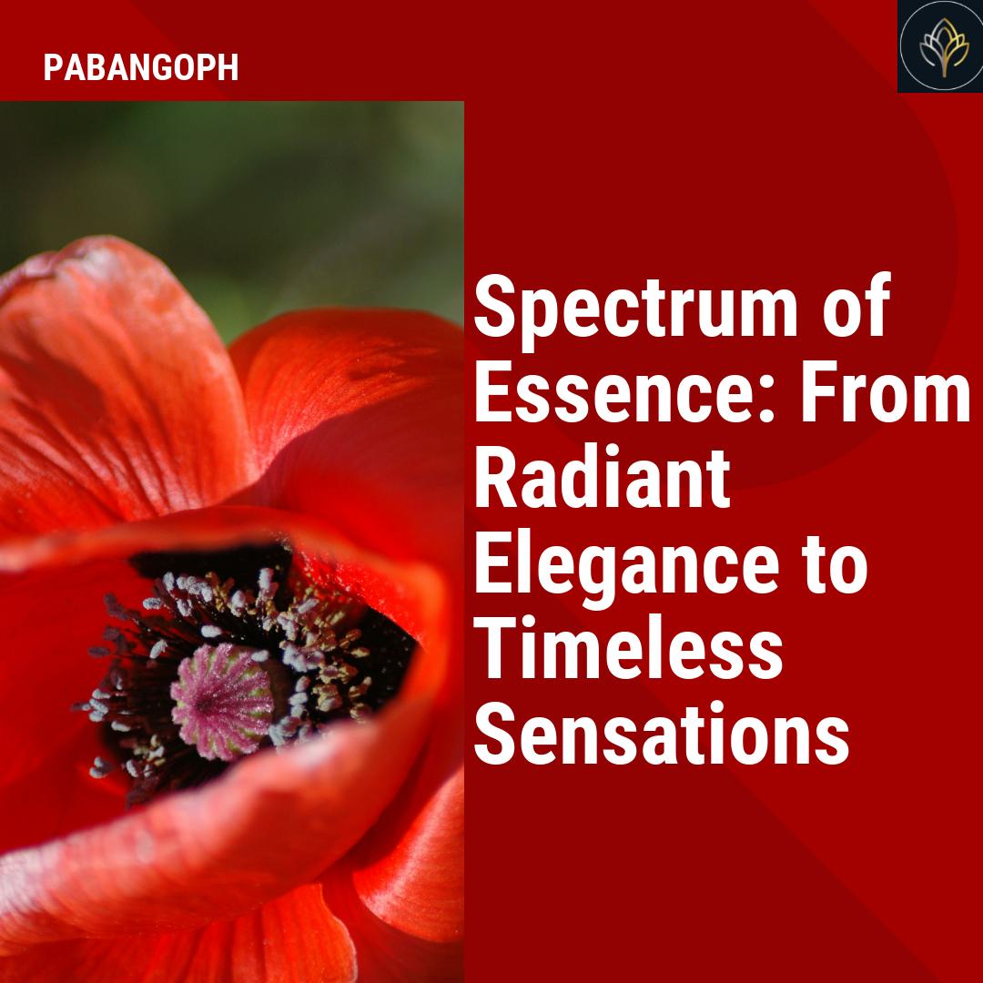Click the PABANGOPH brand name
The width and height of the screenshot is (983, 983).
141,68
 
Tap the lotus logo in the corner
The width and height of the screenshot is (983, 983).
940,46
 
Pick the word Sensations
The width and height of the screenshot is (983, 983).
662,736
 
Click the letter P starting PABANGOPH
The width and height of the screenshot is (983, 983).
52,68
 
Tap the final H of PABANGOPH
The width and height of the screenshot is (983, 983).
229,68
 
